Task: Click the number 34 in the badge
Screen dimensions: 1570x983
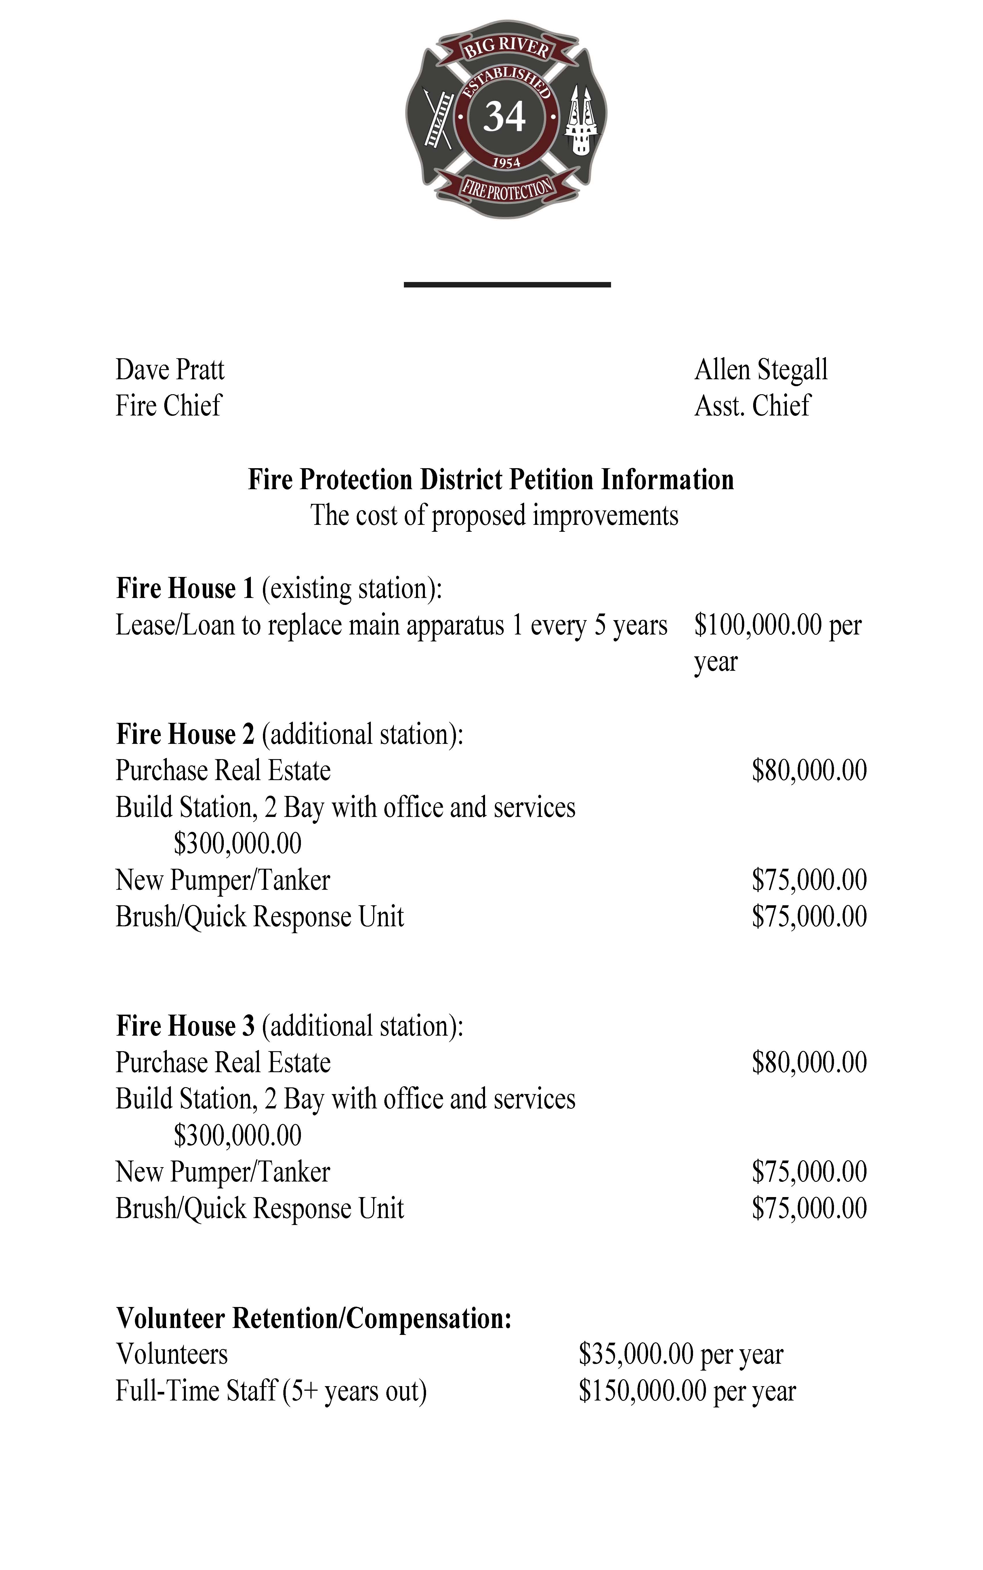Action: [x=505, y=118]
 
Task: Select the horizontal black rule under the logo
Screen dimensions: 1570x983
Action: [x=507, y=284]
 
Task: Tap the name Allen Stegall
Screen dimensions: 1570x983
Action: [x=761, y=370]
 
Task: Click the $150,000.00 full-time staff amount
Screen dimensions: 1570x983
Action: [x=642, y=1391]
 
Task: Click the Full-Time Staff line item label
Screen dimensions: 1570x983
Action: [x=270, y=1391]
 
